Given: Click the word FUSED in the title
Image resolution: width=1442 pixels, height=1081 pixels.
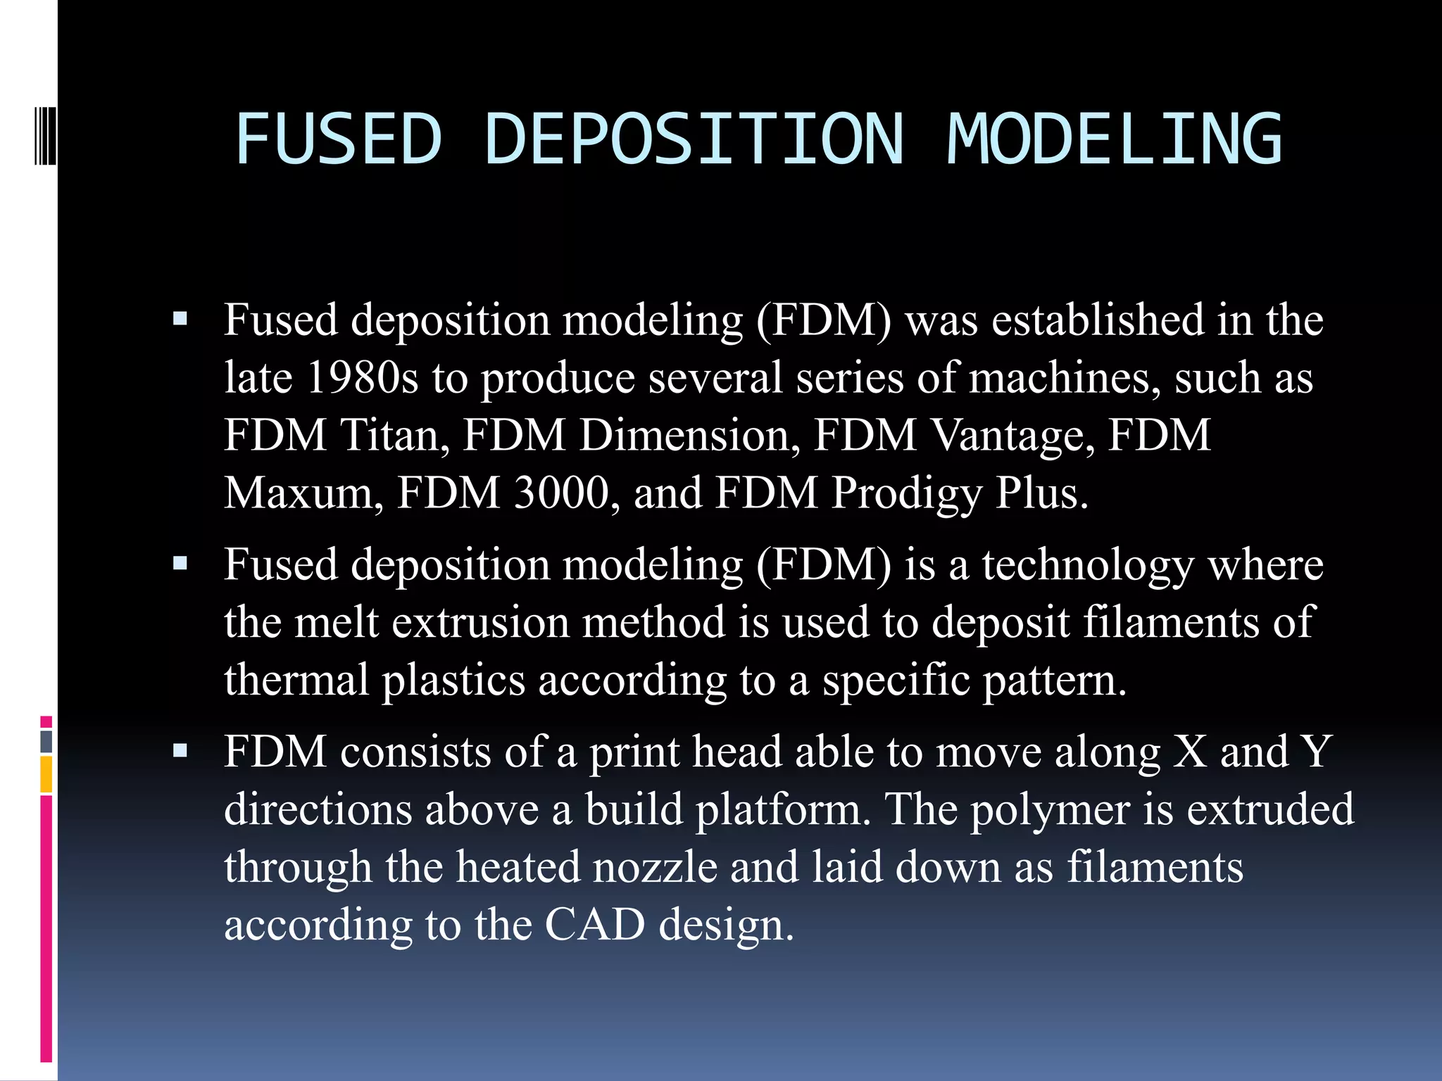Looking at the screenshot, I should (339, 139).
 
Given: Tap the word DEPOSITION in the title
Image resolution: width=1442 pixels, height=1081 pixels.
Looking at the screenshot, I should (694, 139).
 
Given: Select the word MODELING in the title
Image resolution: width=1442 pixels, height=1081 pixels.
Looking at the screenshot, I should (1115, 139).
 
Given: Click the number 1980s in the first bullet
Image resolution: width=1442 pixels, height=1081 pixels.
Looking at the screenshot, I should (363, 378).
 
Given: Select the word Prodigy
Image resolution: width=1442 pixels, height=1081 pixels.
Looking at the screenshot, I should (906, 494).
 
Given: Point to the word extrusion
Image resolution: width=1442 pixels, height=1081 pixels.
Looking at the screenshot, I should (480, 623).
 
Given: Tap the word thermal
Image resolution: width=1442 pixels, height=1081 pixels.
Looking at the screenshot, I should (296, 681).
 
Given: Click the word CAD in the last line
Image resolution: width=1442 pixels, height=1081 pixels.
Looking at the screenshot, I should (594, 925).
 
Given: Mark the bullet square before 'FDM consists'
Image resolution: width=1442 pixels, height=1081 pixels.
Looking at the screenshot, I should (180, 751).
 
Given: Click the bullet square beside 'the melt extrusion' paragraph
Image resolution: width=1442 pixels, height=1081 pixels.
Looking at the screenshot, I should (180, 564).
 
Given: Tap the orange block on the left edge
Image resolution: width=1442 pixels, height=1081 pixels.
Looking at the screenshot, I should (46, 774).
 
